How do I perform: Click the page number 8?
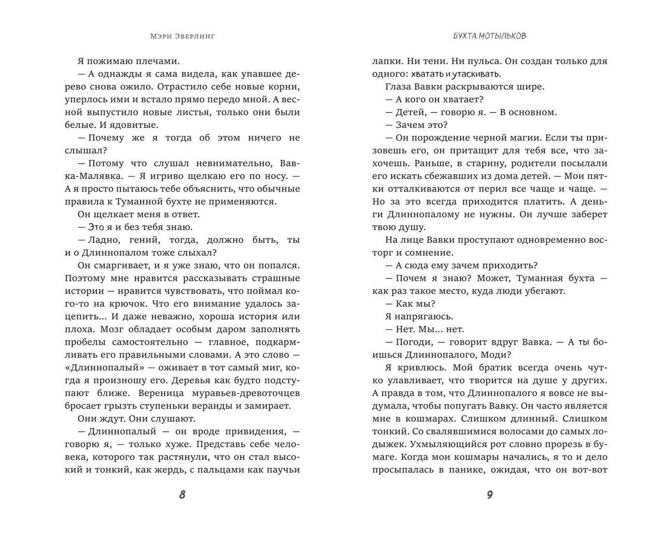point(182,494)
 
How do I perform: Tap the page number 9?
point(490,494)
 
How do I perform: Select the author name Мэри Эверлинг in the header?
point(182,36)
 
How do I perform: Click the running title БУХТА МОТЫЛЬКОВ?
point(490,36)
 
